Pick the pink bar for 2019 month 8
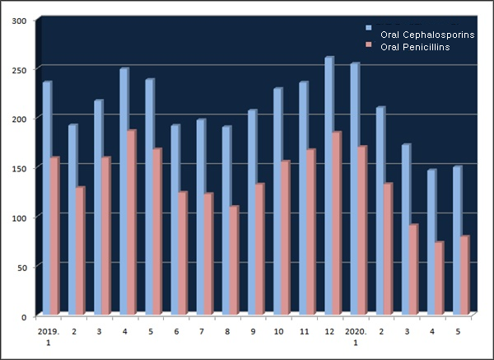pyautogui.click(x=234, y=259)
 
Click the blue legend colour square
pyautogui.click(x=369, y=35)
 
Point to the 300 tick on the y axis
pyautogui.click(x=19, y=20)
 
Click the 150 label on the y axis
pyautogui.click(x=19, y=168)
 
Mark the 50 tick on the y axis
pyautogui.click(x=21, y=267)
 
